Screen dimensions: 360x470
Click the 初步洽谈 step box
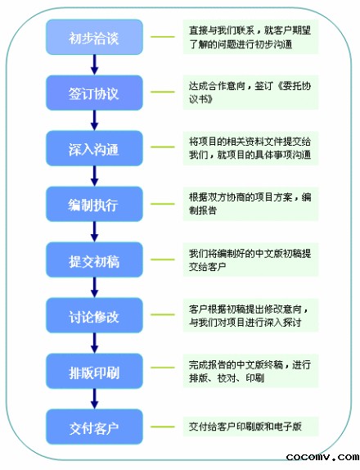(x=94, y=37)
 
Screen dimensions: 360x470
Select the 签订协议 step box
(x=94, y=93)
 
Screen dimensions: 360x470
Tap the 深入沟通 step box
(x=94, y=148)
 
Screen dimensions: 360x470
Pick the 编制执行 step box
(x=94, y=204)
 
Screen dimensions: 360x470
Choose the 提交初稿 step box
(x=94, y=260)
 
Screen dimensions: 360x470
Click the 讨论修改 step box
(x=94, y=315)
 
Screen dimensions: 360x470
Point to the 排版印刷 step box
(x=94, y=371)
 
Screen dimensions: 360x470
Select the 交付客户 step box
(x=94, y=427)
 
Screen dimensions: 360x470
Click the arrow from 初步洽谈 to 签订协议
(x=95, y=65)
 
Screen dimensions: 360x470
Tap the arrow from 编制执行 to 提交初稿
(x=95, y=232)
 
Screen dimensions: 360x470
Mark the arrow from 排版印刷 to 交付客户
(x=95, y=399)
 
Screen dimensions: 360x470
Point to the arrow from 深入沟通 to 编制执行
(x=95, y=176)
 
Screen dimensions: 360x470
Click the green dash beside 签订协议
(x=163, y=92)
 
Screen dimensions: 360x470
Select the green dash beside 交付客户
(x=163, y=427)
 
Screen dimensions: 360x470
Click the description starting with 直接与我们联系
(x=250, y=37)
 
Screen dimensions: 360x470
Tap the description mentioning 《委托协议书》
(x=250, y=93)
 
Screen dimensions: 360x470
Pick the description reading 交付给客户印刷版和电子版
(x=245, y=427)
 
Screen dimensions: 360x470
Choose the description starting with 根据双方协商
(x=250, y=204)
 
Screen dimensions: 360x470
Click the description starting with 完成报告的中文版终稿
(x=250, y=371)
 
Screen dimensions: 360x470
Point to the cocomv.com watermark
(x=322, y=457)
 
